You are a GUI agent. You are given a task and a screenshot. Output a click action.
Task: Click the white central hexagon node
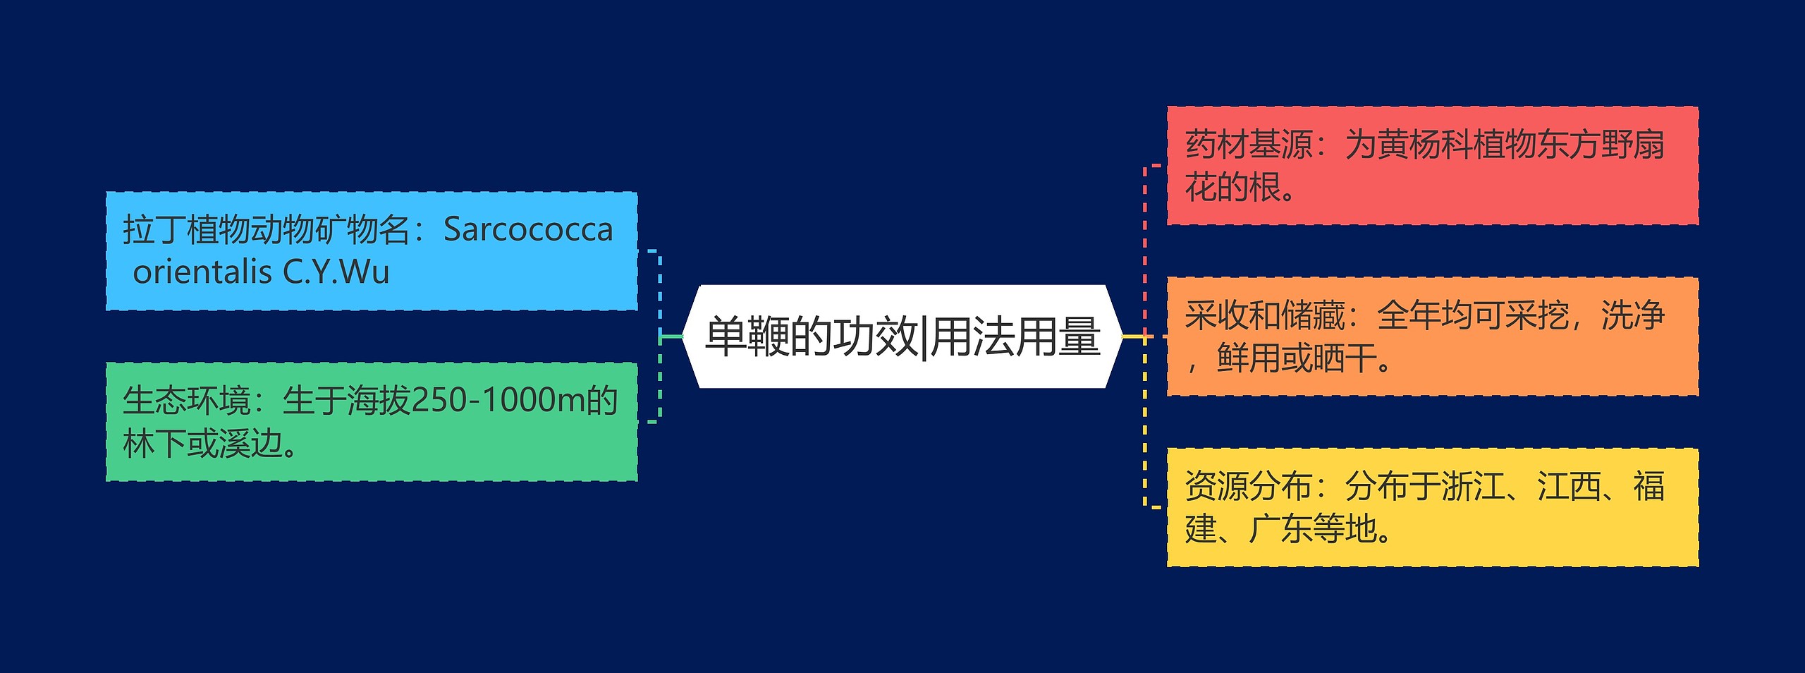click(x=902, y=336)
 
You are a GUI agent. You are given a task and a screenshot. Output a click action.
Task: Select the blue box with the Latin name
click(x=372, y=250)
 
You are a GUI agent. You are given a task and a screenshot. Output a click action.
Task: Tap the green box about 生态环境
click(x=372, y=422)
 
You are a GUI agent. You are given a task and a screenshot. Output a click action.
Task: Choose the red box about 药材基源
click(x=1432, y=166)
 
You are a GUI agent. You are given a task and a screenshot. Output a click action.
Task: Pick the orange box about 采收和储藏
click(x=1432, y=336)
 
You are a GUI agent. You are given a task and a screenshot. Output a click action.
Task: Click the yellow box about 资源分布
click(x=1432, y=507)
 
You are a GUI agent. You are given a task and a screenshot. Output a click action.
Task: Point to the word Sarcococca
click(x=528, y=230)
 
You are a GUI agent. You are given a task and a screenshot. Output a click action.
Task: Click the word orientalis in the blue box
click(x=202, y=272)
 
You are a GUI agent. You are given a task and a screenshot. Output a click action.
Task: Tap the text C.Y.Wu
click(x=336, y=272)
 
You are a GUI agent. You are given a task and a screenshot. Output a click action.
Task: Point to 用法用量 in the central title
click(x=1015, y=336)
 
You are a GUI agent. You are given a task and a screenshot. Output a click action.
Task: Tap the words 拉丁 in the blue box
click(x=154, y=230)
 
